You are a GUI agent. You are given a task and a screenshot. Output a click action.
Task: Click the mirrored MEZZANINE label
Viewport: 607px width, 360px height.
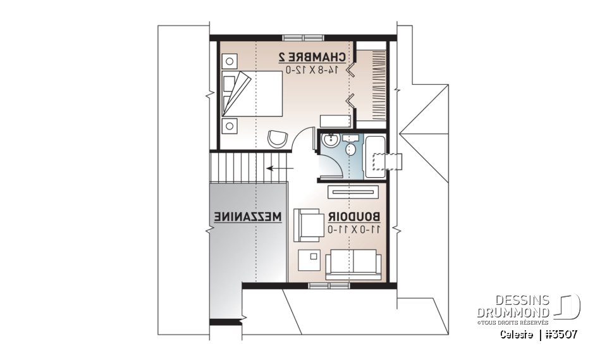248,216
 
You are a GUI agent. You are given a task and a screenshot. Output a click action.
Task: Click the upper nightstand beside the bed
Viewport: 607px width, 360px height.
229,61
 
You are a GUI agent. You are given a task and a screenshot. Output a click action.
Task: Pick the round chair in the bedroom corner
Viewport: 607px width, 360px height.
277,138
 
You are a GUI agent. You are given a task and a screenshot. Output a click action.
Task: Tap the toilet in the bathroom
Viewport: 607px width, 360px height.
352,149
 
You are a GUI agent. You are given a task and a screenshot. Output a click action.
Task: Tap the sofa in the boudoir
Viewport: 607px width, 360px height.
353,263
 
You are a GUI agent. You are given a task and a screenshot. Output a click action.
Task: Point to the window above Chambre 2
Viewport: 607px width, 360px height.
297,37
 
